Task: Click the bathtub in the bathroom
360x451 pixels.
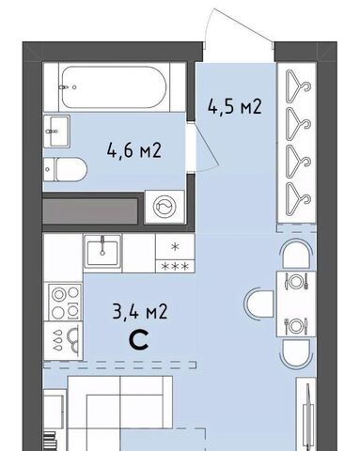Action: (115, 87)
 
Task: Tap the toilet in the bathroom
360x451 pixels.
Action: (65, 169)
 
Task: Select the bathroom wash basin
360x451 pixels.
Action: (56, 131)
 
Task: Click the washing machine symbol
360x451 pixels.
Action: (164, 207)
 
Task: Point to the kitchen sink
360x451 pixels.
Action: (102, 251)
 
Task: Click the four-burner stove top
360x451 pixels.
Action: (65, 302)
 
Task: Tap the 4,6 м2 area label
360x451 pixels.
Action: (134, 150)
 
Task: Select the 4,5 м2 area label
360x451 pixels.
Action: (234, 106)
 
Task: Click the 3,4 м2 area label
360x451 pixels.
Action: (140, 312)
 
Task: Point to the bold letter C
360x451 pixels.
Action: (139, 341)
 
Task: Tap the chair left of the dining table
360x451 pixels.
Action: (258, 303)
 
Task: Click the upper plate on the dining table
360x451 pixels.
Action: (295, 281)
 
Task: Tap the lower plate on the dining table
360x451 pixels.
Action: (295, 326)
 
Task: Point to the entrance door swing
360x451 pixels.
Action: (238, 26)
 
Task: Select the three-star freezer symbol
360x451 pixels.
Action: (175, 267)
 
